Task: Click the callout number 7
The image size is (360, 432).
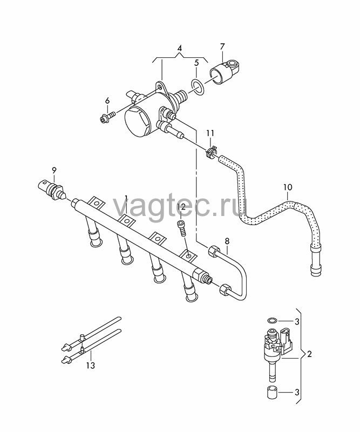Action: click(x=222, y=46)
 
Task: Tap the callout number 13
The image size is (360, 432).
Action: click(x=90, y=366)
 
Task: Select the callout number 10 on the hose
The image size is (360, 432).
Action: click(x=287, y=187)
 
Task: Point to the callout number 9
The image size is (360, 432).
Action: click(x=54, y=170)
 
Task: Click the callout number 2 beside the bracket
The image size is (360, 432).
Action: click(x=309, y=354)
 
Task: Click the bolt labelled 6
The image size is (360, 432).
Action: click(x=107, y=117)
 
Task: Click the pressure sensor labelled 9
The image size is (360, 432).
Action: click(x=52, y=190)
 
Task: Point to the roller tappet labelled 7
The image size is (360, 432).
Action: click(x=225, y=71)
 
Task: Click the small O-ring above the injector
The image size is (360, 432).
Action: click(x=273, y=320)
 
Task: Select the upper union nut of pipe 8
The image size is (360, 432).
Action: click(x=214, y=250)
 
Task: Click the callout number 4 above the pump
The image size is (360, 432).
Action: click(x=179, y=48)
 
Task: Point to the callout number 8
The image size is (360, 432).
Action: click(x=227, y=241)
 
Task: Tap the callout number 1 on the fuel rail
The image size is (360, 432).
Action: click(x=126, y=198)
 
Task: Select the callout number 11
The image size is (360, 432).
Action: click(x=210, y=133)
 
